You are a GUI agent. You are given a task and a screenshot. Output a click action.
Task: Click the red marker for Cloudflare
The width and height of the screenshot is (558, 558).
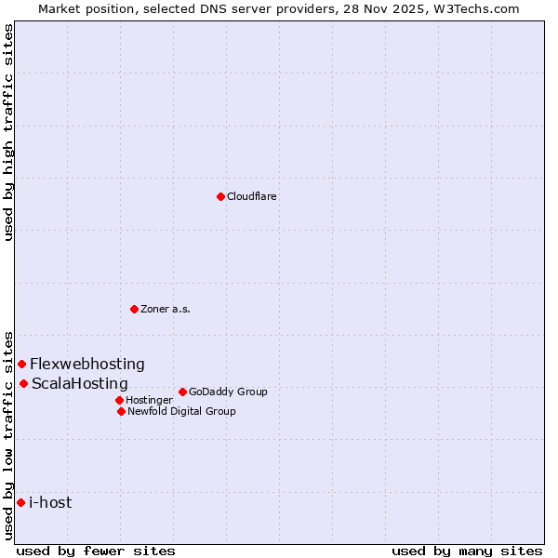tap(220, 196)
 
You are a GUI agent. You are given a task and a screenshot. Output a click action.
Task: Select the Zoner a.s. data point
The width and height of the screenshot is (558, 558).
tap(134, 309)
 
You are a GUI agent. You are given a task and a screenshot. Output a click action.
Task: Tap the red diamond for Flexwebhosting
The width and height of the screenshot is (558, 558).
tap(21, 364)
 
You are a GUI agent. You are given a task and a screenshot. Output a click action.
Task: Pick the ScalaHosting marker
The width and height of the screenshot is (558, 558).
tap(23, 383)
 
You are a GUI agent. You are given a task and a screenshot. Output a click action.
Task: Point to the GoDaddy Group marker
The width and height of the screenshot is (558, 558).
tap(182, 392)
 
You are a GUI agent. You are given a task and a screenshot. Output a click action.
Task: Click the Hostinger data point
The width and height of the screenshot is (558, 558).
tap(119, 400)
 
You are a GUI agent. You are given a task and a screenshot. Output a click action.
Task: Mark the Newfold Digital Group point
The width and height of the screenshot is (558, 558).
tap(121, 411)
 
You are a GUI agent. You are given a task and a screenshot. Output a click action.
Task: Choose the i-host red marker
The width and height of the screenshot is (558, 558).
tap(20, 502)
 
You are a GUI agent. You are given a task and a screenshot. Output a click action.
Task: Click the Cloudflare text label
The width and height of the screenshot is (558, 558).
tap(251, 196)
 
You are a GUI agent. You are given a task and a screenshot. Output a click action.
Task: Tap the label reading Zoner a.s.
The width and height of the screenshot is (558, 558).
tap(166, 309)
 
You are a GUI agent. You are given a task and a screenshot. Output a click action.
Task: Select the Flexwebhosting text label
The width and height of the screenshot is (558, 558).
tap(87, 364)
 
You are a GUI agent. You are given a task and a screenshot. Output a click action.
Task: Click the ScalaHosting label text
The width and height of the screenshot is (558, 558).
tap(80, 383)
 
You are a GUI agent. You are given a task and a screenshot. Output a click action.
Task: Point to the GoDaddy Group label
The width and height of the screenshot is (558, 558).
tap(228, 392)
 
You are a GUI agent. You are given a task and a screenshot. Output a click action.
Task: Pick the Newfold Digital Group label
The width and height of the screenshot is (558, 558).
tap(181, 411)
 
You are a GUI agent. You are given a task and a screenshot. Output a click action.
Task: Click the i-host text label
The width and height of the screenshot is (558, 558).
tap(50, 502)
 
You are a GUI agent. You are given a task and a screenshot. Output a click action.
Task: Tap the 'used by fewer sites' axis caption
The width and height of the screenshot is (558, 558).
tap(96, 551)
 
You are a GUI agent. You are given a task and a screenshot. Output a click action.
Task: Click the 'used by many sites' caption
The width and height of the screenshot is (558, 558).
tap(467, 551)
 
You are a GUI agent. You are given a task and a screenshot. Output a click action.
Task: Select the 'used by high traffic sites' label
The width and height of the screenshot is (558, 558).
tap(8, 132)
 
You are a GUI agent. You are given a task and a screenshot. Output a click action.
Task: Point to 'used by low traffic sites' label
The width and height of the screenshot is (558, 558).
tap(8, 434)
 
